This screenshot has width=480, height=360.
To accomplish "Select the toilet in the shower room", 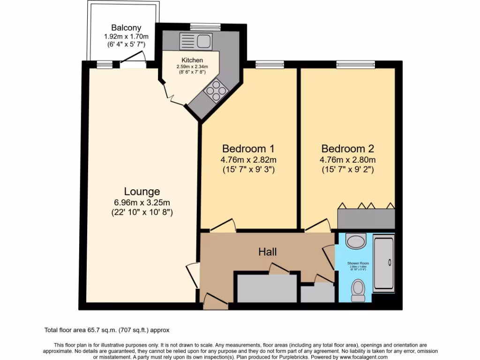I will point(359,291).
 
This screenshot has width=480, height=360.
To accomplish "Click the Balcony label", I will point(126,28).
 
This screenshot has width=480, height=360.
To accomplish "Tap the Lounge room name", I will point(142,191).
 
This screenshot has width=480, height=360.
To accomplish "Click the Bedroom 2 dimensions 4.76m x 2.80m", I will point(347,159).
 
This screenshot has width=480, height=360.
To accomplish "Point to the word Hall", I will point(268,252).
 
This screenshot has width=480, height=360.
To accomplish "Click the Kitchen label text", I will point(193,60).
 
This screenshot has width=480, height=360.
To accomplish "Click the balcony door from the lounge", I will point(132,59).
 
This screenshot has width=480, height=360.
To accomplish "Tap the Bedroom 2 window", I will point(355,64).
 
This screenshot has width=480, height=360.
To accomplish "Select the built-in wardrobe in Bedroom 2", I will point(366,219).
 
